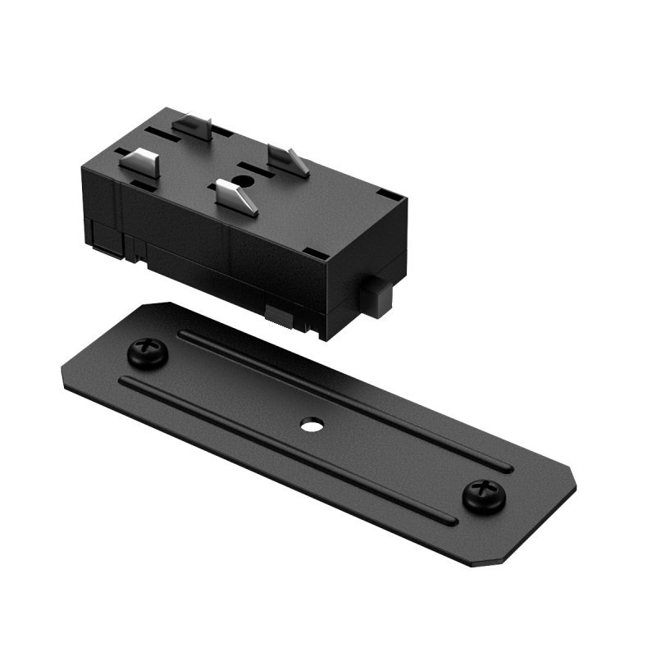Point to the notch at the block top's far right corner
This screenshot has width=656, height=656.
[x=392, y=197]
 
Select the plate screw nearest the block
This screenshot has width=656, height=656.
[x=148, y=353]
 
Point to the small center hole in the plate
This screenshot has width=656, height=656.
[x=311, y=426]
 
